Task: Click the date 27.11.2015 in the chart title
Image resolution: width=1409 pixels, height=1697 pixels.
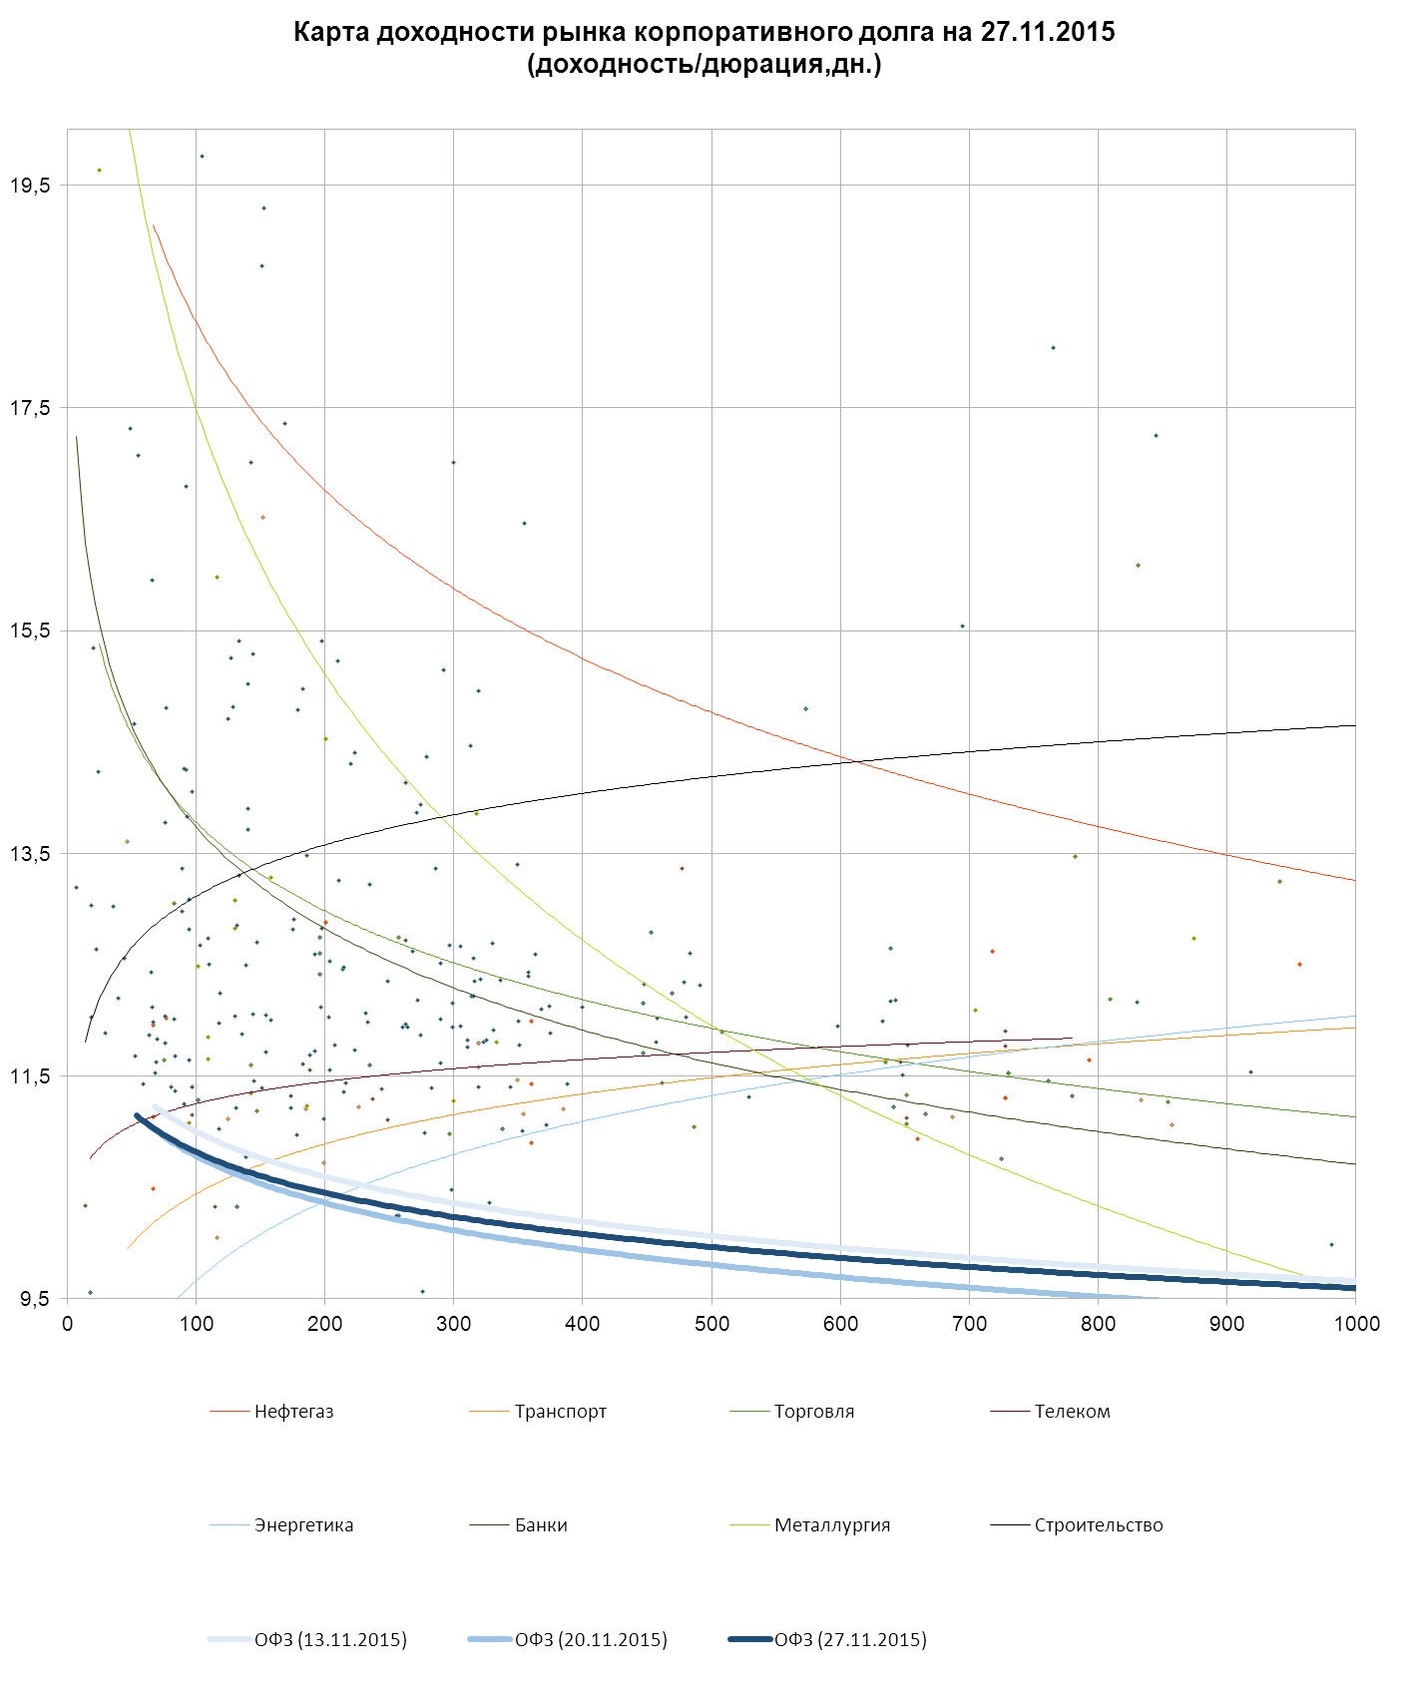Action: click(x=1047, y=32)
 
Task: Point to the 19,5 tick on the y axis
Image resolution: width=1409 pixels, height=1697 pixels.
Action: click(x=30, y=186)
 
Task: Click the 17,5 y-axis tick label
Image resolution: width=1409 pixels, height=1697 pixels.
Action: click(x=30, y=408)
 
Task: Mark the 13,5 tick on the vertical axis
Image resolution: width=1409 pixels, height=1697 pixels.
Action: click(x=30, y=854)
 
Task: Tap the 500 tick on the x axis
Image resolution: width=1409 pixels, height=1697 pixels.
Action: click(x=711, y=1324)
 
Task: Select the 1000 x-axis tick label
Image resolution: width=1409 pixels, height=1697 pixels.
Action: click(x=1356, y=1324)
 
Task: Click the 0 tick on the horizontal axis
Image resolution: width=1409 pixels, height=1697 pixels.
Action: click(x=68, y=1324)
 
